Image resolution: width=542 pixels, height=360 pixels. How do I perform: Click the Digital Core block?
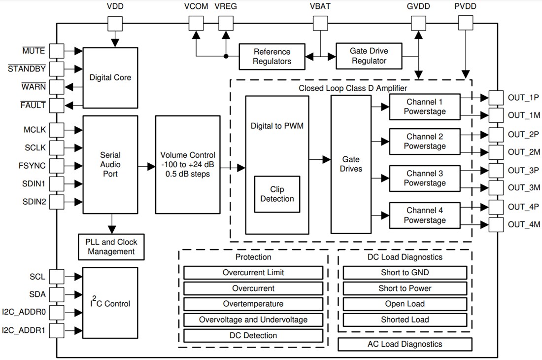(110, 77)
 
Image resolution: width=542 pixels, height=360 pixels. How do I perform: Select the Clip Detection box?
(277, 194)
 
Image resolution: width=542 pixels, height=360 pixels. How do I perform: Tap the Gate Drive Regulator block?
(369, 56)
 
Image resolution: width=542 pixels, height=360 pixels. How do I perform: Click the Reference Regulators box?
(272, 56)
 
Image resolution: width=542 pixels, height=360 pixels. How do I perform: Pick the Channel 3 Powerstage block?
(424, 178)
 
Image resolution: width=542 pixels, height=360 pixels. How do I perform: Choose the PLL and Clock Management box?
(112, 247)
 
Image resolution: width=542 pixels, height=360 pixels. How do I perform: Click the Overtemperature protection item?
(253, 304)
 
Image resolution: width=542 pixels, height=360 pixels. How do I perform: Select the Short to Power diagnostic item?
(405, 288)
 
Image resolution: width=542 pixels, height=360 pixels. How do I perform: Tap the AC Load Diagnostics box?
(405, 344)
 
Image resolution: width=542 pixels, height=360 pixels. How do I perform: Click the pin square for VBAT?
(320, 23)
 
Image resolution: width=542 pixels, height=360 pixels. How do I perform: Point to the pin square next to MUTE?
(57, 50)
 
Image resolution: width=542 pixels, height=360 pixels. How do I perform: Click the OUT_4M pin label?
(524, 225)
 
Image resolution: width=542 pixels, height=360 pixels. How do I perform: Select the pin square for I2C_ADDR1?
(57, 330)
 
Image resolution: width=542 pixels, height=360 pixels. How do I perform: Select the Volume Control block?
(188, 164)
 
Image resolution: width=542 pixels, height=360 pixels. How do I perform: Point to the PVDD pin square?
(465, 23)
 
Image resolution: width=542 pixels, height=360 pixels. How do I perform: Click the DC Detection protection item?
(253, 335)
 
